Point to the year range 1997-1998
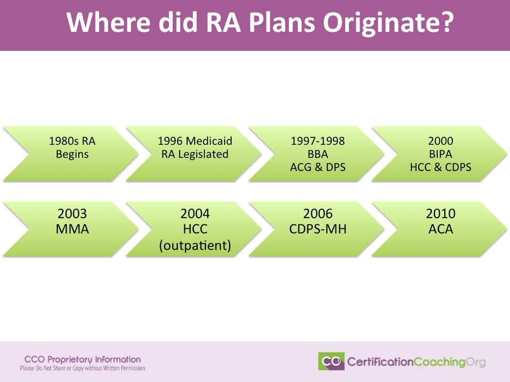(318, 141)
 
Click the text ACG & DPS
(318, 167)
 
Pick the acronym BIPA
(441, 154)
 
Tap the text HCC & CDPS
(441, 167)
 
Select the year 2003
(72, 214)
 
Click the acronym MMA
(72, 229)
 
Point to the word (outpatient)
(195, 246)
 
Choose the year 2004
(195, 214)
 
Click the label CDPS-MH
(318, 229)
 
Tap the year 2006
(318, 214)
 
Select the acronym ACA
(441, 229)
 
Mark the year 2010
(441, 214)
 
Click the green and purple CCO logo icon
(331, 361)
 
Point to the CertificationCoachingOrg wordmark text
(417, 362)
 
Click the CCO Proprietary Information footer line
(83, 360)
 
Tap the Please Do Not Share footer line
(83, 369)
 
